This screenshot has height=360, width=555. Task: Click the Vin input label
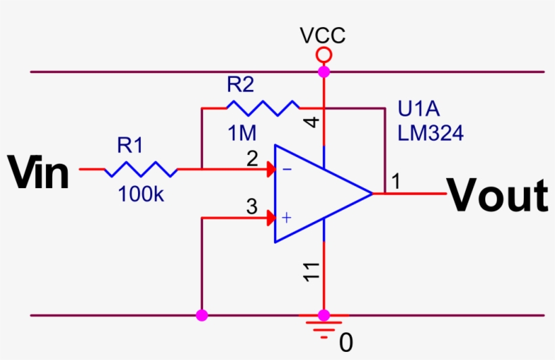point(39,173)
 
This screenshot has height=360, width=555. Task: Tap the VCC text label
point(324,36)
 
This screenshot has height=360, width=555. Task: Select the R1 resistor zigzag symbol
point(141,169)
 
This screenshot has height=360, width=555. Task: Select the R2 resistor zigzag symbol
point(263,107)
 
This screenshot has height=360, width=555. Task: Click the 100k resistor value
point(141,195)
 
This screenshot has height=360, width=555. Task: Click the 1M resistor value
point(241,133)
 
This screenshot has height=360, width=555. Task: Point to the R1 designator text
point(130,145)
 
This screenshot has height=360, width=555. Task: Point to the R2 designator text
point(240,85)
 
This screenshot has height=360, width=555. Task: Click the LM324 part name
point(430,134)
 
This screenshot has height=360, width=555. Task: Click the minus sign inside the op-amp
point(286,169)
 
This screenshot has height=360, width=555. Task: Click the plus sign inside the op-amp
point(286,217)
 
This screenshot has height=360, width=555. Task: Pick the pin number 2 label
point(252,160)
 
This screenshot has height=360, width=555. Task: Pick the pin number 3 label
point(252,208)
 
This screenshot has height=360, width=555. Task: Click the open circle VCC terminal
point(324,54)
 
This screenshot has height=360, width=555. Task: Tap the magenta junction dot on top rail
point(324,71)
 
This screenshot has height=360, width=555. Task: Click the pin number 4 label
point(312,122)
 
